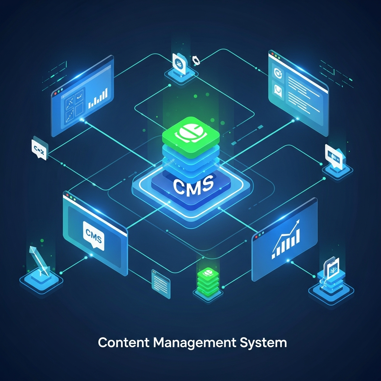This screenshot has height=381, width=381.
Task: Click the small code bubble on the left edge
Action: point(39,150)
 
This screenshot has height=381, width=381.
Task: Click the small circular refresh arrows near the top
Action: point(195,60)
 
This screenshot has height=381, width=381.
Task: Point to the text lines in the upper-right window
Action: point(303,91)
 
